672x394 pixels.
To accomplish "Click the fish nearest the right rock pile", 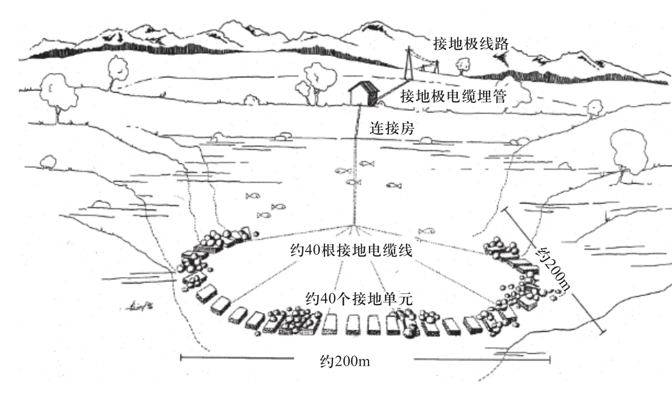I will (x=426, y=231).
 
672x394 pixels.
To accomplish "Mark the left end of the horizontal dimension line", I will (x=181, y=357).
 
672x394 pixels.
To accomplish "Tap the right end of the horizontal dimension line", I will (x=549, y=357).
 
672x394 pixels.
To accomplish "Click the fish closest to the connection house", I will (x=366, y=163).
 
